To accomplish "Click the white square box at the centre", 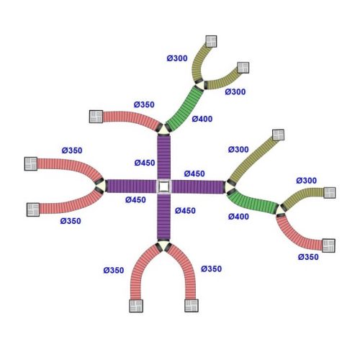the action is pos(164,186).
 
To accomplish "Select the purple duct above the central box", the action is pos(164,157).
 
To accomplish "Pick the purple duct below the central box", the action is pos(164,217).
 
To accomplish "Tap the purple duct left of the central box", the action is pos(131,186).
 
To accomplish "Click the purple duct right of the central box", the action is pos(198,187).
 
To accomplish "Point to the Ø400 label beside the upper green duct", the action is pos(202,119).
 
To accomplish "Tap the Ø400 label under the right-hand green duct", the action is pos(238,217).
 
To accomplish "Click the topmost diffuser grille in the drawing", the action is pos(211,41).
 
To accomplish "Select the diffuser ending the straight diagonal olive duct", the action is pos(279,135).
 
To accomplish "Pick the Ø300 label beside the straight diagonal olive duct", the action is pos(238,150).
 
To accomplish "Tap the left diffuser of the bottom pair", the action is pos(136,306).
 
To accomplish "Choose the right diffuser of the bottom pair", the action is pos(192,305).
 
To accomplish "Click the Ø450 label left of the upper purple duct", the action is pos(145,163).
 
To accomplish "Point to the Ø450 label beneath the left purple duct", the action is pos(135,199).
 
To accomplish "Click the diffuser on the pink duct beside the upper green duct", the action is pos(96,117).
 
